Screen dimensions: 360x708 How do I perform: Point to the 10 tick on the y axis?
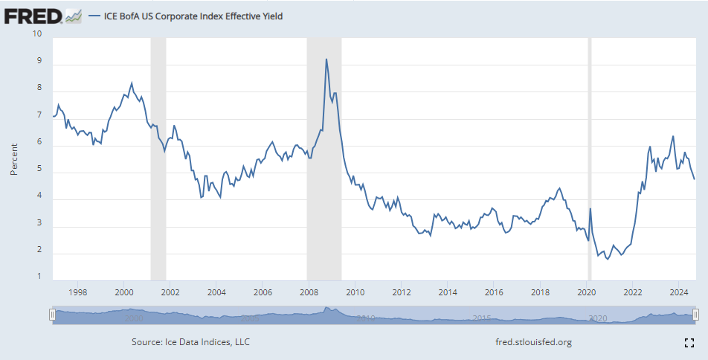(x=37, y=33)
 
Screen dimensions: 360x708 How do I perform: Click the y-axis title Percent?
(x=14, y=159)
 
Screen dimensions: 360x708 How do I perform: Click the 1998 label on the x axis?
(x=77, y=292)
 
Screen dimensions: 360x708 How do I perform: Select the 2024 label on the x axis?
(x=678, y=292)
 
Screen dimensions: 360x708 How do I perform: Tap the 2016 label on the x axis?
(x=494, y=292)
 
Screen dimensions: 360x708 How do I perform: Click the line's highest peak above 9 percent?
(x=326, y=60)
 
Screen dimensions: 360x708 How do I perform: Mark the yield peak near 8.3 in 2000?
(x=132, y=83)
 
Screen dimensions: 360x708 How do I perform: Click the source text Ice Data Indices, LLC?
(x=190, y=342)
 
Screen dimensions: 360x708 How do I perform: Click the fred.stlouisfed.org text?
(x=532, y=342)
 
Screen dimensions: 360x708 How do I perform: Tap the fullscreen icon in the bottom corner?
(x=689, y=342)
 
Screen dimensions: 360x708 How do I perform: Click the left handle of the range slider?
(x=52, y=315)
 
